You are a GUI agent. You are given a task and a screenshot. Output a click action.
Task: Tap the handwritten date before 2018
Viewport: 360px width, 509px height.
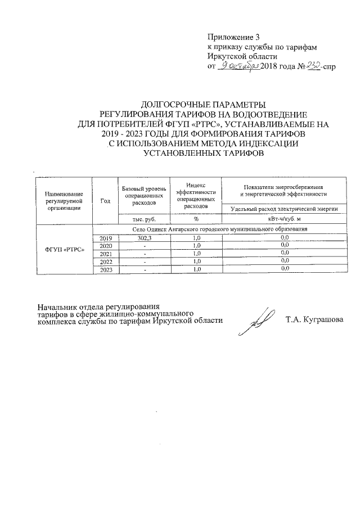(238, 66)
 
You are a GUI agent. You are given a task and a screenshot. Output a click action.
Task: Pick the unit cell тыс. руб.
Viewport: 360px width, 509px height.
(144, 219)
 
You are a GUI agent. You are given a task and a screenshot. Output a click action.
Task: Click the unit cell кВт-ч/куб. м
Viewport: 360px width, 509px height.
(284, 219)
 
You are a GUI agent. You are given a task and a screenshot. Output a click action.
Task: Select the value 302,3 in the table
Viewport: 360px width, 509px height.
(145, 238)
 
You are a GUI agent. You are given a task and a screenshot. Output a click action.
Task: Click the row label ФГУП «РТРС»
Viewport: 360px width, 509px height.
(64, 250)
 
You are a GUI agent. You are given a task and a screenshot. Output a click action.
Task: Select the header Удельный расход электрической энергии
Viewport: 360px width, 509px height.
(284, 209)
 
